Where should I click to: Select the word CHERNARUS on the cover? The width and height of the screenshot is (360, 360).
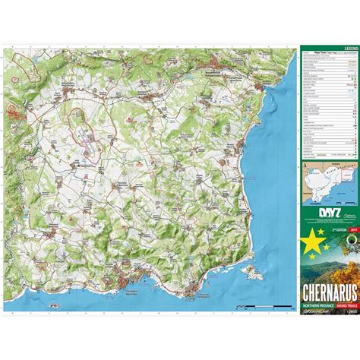(x=329, y=292)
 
